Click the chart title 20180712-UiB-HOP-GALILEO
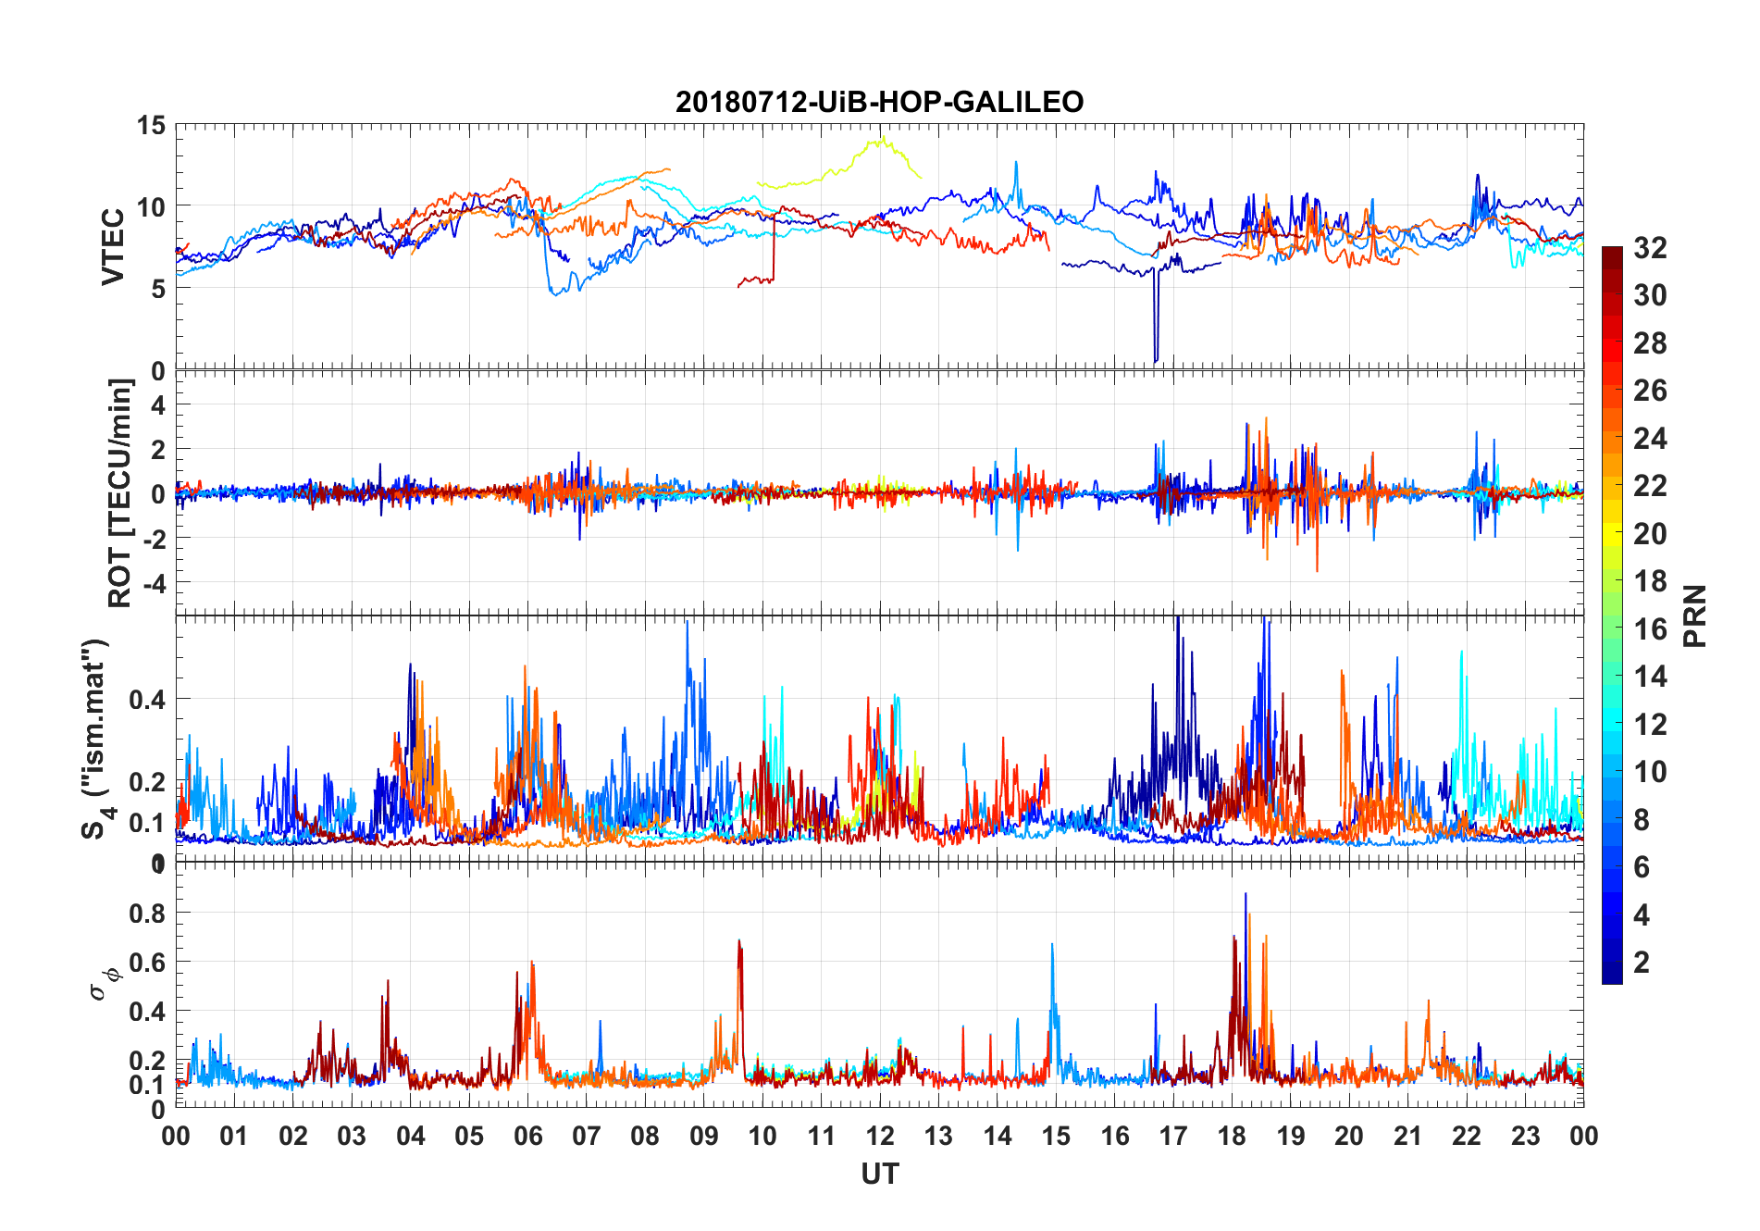coord(879,102)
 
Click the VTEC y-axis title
coord(113,246)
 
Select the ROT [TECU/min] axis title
coord(120,492)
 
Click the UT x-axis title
coord(879,1175)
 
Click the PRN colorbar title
coord(1695,615)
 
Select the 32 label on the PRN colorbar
coord(1650,248)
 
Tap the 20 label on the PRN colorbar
coord(1650,534)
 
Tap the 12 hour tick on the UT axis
coord(880,1137)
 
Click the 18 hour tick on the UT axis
coord(1232,1137)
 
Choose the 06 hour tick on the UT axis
coord(527,1137)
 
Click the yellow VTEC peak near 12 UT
coord(883,139)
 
